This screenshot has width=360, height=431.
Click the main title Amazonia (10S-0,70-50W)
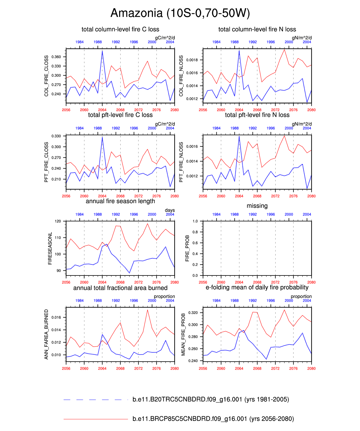pyautogui.click(x=180, y=13)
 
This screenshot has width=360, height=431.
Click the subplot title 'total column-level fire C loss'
pyautogui.click(x=120, y=29)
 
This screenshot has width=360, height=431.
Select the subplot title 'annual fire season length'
pyautogui.click(x=120, y=201)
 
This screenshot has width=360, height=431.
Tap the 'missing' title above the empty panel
pyautogui.click(x=257, y=206)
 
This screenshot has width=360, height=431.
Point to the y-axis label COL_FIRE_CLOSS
pyautogui.click(x=46, y=76)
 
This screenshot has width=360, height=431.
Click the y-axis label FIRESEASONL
pyautogui.click(x=50, y=248)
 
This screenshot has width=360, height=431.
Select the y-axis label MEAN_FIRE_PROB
pyautogui.click(x=183, y=335)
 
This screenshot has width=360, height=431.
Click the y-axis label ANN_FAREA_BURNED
pyautogui.click(x=46, y=335)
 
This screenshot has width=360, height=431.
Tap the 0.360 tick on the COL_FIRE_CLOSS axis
pyautogui.click(x=56, y=57)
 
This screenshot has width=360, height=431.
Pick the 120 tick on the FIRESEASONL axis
pyautogui.click(x=58, y=221)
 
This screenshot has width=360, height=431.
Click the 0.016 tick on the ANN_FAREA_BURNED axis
pyautogui.click(x=56, y=318)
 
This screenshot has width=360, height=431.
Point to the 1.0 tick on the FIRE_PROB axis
pyautogui.click(x=195, y=221)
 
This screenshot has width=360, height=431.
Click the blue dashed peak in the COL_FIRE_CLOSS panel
pyautogui.click(x=102, y=51)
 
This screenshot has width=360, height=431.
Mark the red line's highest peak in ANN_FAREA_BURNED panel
pyautogui.click(x=147, y=310)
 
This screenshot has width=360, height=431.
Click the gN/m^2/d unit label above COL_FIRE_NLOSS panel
pyautogui.click(x=301, y=38)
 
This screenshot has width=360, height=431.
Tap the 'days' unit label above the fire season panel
pyautogui.click(x=170, y=210)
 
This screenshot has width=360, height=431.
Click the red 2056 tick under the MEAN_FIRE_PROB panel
pyautogui.click(x=203, y=368)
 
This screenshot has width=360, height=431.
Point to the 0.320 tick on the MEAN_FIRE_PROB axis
pyautogui.click(x=193, y=313)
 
